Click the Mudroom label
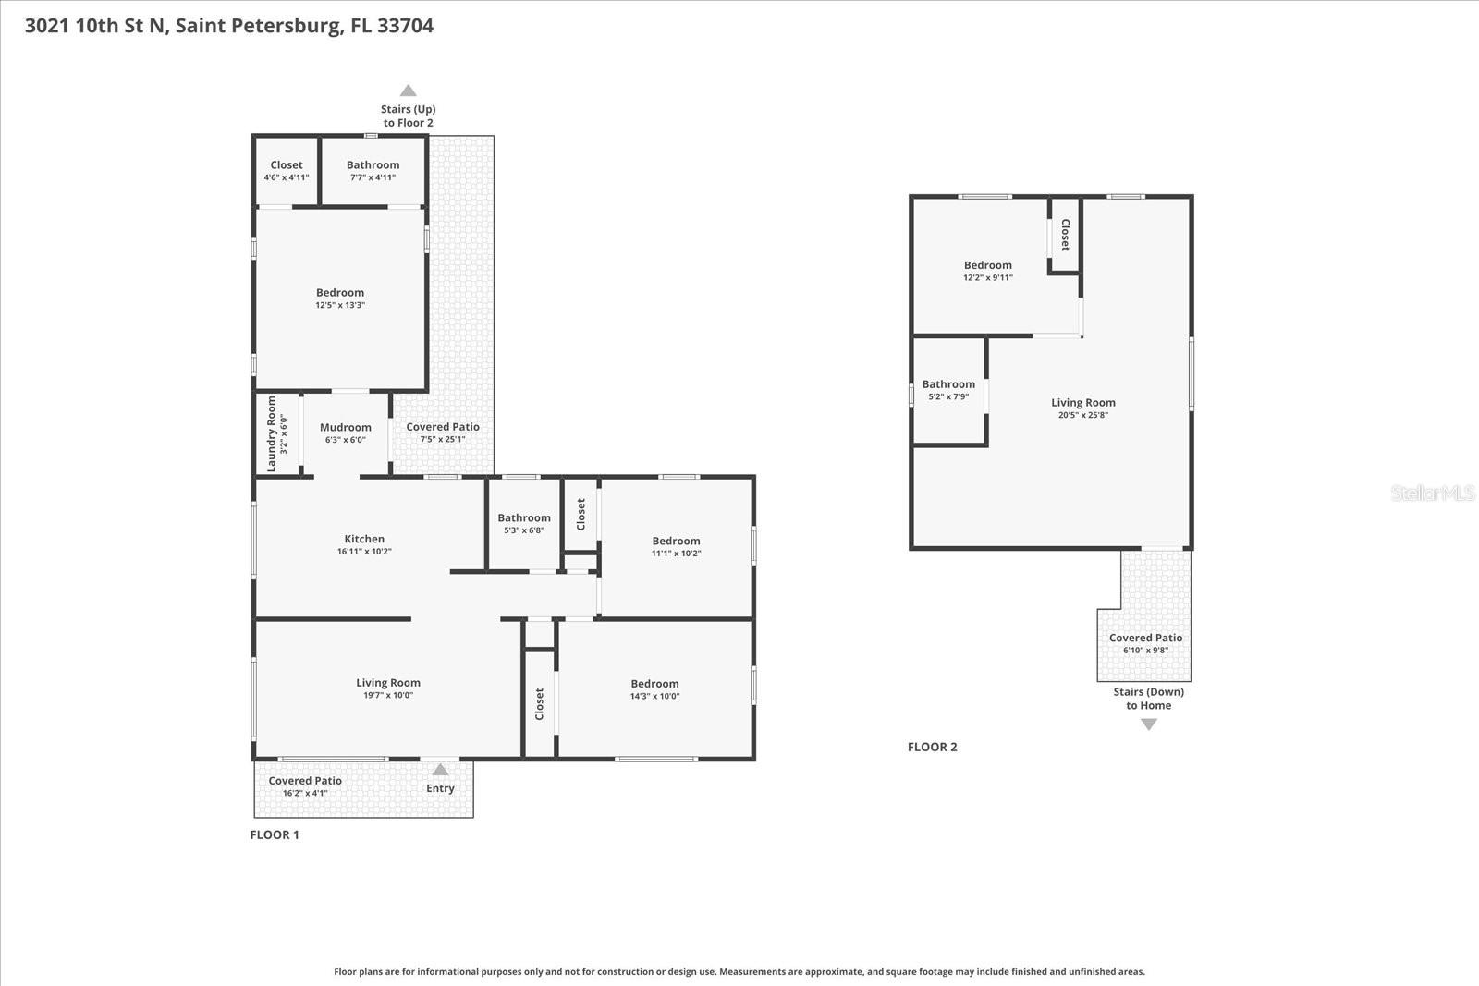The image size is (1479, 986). tap(346, 427)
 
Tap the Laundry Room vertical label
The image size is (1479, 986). tap(272, 433)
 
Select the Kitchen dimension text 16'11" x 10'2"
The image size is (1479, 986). tap(364, 552)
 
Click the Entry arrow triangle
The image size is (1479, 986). tap(440, 770)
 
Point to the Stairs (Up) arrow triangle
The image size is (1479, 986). tap(408, 91)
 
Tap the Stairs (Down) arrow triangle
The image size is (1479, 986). tap(1148, 724)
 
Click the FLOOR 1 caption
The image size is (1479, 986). tap(275, 834)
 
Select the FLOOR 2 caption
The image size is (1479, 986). tap(932, 747)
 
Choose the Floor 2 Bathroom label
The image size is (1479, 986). tap(948, 384)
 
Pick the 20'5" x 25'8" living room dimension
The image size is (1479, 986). tap(1082, 415)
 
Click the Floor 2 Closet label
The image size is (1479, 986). tap(1065, 235)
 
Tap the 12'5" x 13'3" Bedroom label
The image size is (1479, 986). tap(340, 293)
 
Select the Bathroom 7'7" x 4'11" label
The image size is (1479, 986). tap(373, 165)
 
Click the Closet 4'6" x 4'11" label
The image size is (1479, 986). tap(287, 165)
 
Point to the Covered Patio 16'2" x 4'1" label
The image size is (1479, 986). tap(305, 781)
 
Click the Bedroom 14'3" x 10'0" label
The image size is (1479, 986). tap(654, 684)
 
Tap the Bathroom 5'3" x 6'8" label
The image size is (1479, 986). tap(524, 518)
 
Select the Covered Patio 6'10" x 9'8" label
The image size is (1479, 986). tap(1145, 638)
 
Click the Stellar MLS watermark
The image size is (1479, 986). tap(1432, 493)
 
